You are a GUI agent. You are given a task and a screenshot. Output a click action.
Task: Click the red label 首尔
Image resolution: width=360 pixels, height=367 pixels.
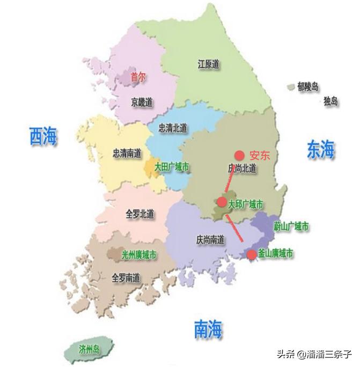[138, 77]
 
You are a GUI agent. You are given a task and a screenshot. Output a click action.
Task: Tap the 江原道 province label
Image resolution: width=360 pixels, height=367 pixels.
[209, 64]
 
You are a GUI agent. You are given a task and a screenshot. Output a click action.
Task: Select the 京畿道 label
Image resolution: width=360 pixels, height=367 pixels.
[141, 101]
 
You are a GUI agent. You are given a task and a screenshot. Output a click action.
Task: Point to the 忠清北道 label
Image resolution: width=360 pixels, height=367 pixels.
[173, 128]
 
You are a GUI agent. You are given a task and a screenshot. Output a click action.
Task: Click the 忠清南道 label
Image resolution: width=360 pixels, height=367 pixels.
[127, 153]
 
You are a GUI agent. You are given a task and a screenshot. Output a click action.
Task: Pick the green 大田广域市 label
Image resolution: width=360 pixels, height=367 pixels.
[172, 167]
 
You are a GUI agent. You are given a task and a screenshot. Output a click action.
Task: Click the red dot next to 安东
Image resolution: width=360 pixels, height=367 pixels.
[240, 155]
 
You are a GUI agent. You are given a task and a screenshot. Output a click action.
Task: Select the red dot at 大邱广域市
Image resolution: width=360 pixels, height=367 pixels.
[221, 202]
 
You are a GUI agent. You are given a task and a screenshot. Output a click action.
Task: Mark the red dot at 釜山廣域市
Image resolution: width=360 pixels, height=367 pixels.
[251, 254]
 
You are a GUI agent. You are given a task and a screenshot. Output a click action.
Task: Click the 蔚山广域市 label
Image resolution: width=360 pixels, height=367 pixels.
[291, 227]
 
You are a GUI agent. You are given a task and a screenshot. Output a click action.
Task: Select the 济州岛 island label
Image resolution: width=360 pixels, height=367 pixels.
[89, 349]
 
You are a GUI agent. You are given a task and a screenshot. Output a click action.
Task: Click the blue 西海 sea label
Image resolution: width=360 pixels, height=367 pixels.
[43, 136]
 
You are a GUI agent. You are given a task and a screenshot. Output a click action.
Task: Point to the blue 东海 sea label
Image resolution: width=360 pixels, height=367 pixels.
[320, 149]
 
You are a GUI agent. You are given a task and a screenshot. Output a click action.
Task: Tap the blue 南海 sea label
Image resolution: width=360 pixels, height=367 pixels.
[208, 328]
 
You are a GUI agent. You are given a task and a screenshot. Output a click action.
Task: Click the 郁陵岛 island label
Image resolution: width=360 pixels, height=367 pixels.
[308, 86]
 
